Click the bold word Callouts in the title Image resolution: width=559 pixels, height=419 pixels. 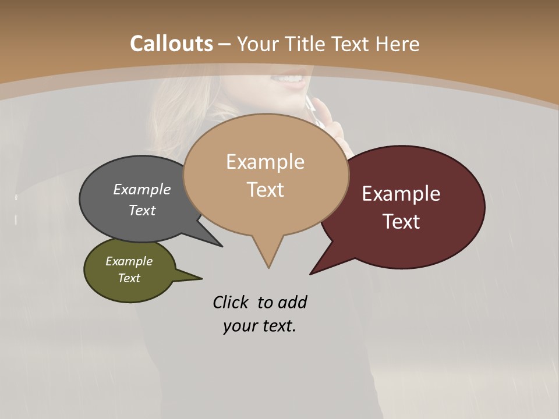click(x=171, y=44)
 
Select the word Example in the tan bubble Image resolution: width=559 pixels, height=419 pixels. click(x=265, y=162)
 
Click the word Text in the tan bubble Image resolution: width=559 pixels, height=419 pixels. click(x=265, y=190)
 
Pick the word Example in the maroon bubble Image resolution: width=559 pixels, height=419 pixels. click(x=401, y=194)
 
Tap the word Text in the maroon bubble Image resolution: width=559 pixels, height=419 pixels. click(x=401, y=222)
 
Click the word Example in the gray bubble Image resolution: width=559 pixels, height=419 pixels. click(x=142, y=189)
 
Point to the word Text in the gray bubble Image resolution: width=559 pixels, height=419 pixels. click(x=142, y=210)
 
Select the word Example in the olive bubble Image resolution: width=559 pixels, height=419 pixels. click(x=129, y=261)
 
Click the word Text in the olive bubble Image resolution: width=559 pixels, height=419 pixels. click(x=129, y=278)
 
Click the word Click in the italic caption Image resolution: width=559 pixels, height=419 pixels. click(x=231, y=302)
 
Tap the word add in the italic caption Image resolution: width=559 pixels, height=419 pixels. click(x=292, y=302)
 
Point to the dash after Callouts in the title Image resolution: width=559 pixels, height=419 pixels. click(x=225, y=44)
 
